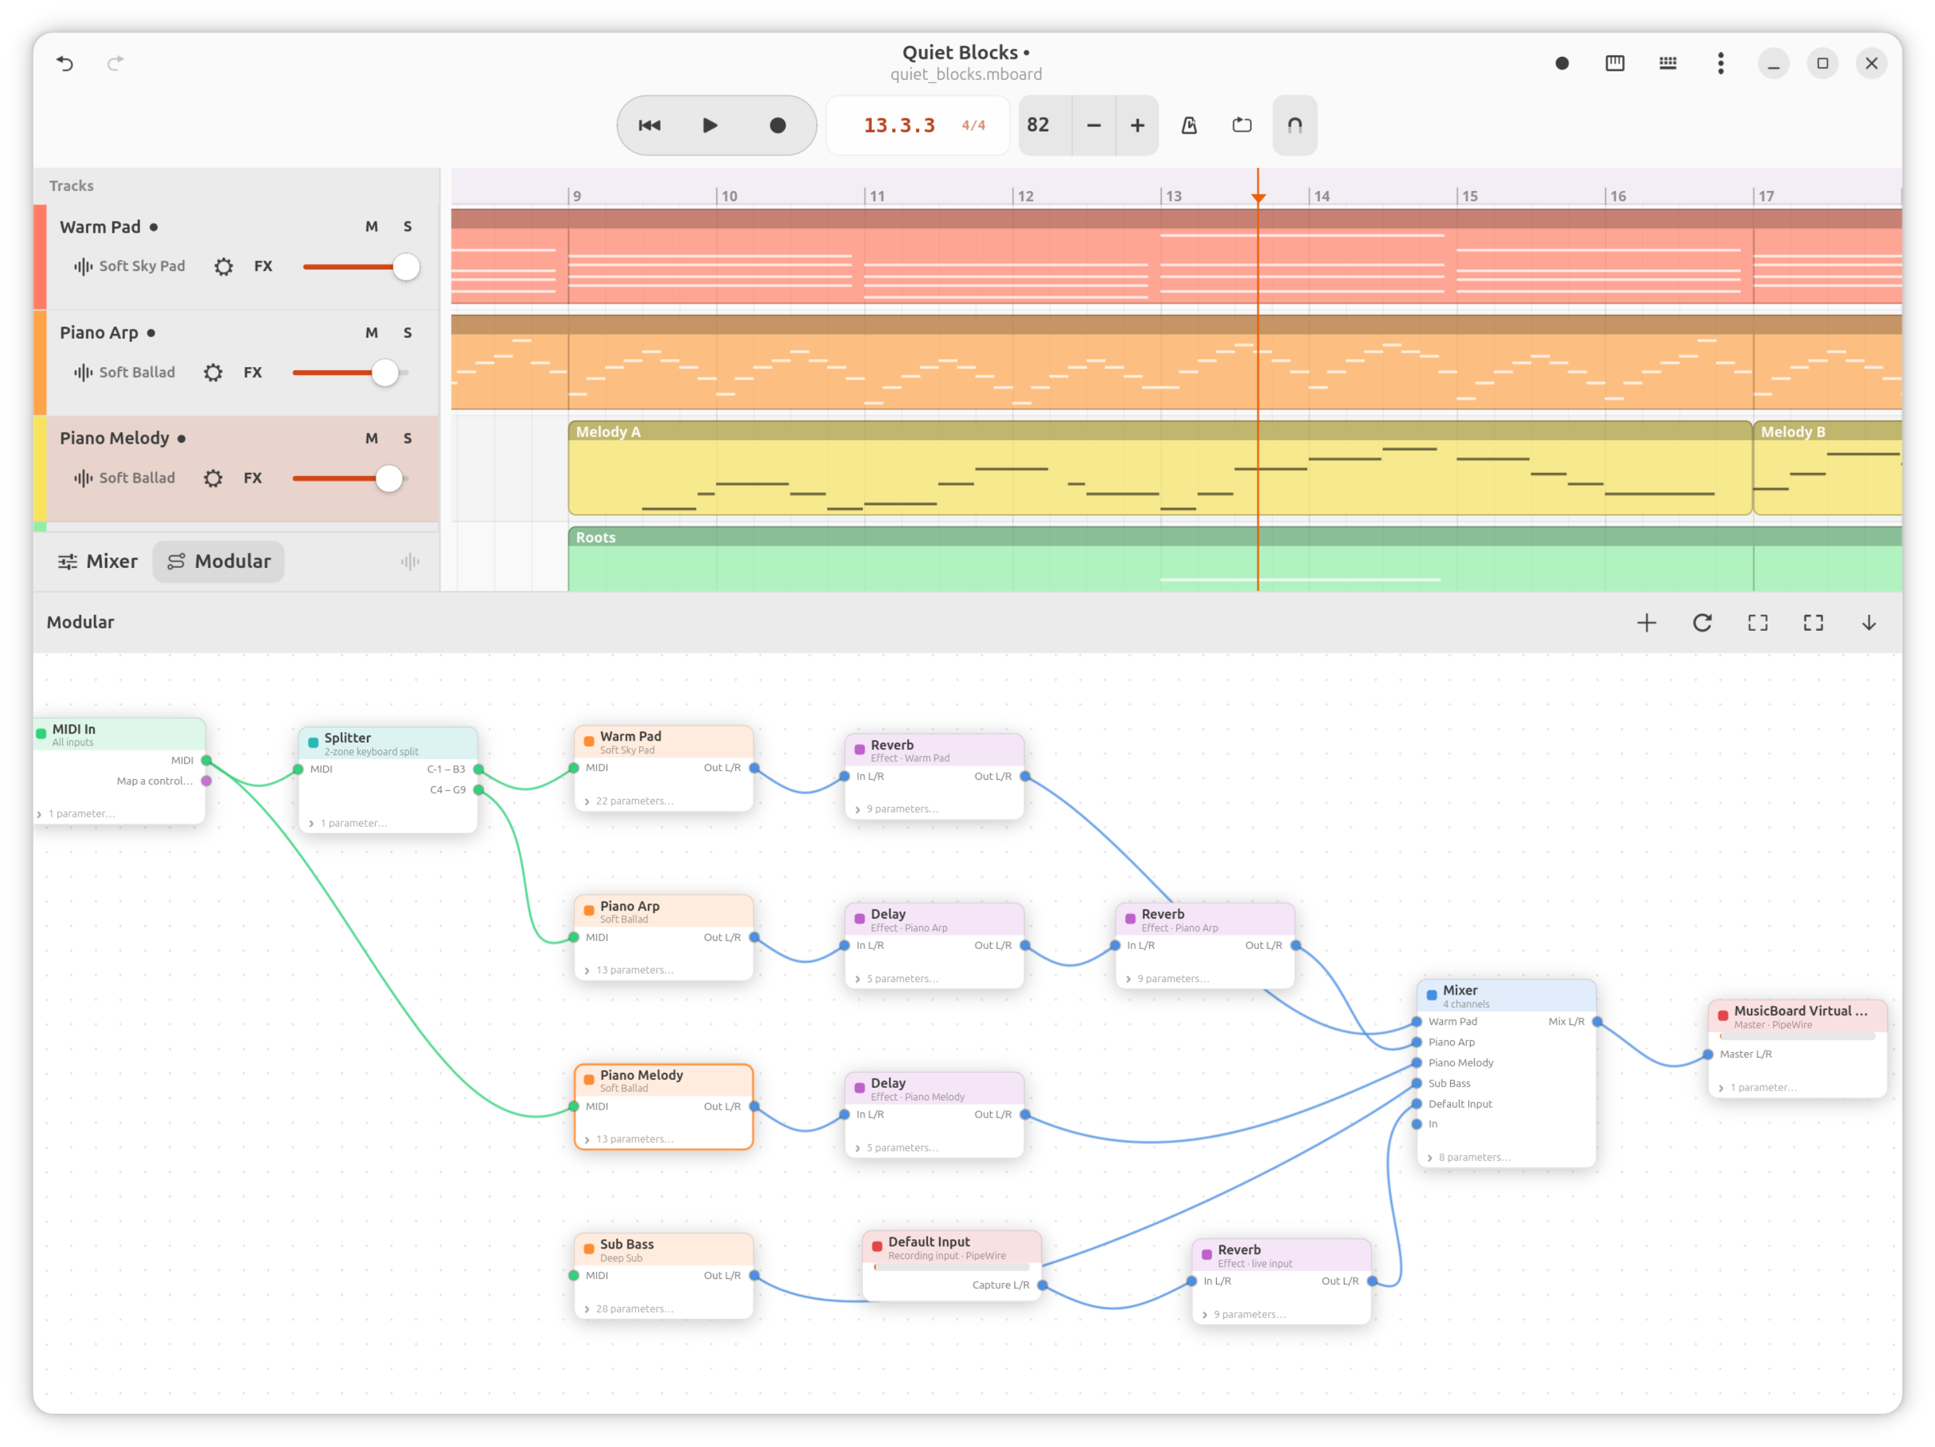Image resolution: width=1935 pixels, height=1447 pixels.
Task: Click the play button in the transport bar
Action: point(710,125)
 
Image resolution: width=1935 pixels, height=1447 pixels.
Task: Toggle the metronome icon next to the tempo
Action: point(1189,125)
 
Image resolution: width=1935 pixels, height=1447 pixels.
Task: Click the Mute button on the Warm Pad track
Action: point(372,227)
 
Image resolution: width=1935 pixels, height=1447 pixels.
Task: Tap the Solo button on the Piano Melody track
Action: point(407,438)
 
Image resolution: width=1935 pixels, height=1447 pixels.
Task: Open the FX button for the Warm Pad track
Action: point(263,266)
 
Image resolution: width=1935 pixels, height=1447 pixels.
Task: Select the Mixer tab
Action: point(98,561)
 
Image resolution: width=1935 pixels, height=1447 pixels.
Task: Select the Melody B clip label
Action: point(1792,432)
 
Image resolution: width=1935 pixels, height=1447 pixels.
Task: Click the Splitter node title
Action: point(347,737)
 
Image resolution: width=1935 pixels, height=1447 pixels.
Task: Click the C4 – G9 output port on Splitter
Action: point(479,790)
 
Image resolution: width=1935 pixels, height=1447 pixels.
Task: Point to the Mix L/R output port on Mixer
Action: point(1596,1022)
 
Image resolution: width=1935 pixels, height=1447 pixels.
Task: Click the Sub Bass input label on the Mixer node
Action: point(1450,1083)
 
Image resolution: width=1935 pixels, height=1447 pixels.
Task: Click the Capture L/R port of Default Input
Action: point(1043,1285)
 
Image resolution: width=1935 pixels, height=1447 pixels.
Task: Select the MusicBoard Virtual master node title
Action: point(1800,1011)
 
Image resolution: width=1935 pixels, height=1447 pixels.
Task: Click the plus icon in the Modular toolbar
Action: point(1646,623)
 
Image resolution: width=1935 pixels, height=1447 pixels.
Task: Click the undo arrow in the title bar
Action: point(65,63)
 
